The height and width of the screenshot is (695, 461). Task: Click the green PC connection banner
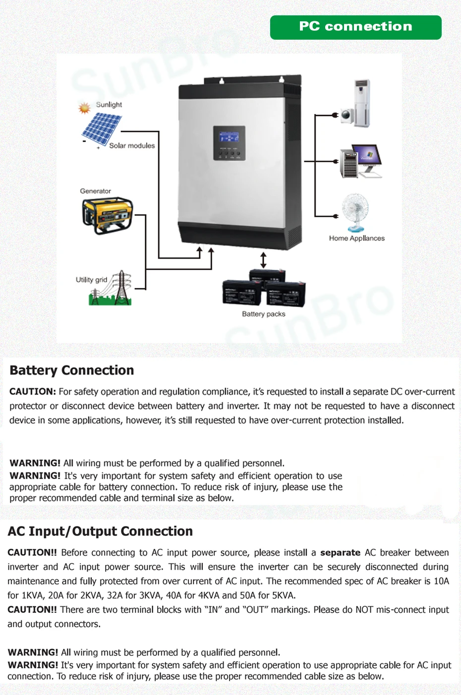(x=355, y=27)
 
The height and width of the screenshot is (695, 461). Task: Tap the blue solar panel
(x=102, y=128)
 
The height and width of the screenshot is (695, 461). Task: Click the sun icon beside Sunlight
(x=85, y=108)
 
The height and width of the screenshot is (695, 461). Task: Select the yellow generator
(x=108, y=215)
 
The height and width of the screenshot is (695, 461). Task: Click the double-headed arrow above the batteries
(x=263, y=260)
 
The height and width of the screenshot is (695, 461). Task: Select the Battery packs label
(x=264, y=314)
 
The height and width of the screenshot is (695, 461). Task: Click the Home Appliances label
(x=357, y=238)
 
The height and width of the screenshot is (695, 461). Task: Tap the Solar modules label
(x=132, y=146)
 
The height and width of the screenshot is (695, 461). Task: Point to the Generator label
(x=96, y=191)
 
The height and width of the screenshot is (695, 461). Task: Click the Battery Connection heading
(x=72, y=370)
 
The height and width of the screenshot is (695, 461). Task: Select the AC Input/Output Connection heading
(x=100, y=531)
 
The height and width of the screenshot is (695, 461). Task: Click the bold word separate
(x=340, y=552)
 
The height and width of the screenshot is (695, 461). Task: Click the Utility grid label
(x=91, y=280)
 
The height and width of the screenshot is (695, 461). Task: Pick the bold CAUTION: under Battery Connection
(x=33, y=392)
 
